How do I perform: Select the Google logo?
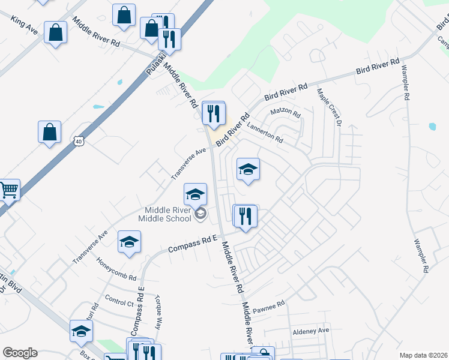[20, 353]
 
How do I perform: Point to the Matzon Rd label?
[285, 112]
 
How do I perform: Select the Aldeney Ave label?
[311, 331]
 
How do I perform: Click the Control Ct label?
[119, 301]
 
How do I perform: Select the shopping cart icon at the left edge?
[8, 190]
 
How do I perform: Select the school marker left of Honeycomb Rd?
[129, 242]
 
